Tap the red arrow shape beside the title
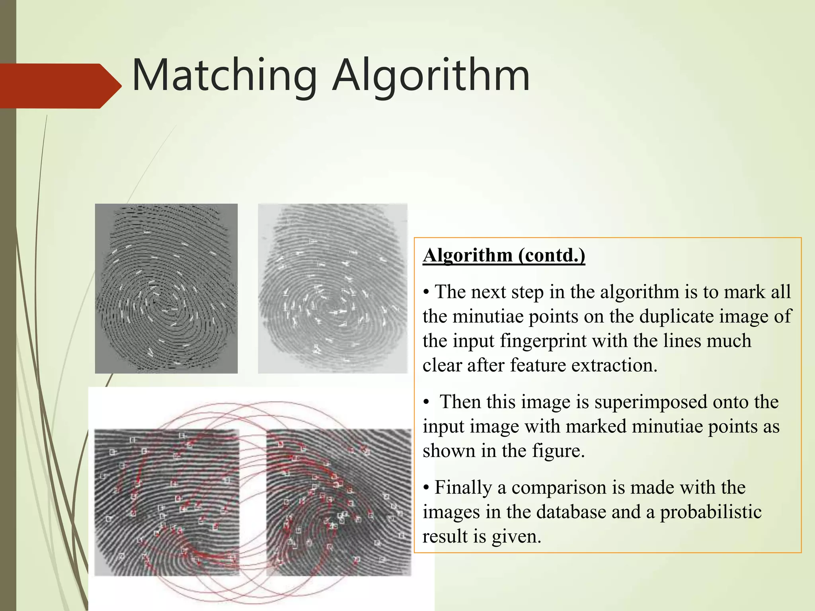click(x=60, y=86)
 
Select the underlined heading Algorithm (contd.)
click(x=504, y=255)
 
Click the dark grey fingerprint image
click(x=166, y=288)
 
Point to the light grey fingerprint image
click(x=333, y=288)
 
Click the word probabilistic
click(x=711, y=512)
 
